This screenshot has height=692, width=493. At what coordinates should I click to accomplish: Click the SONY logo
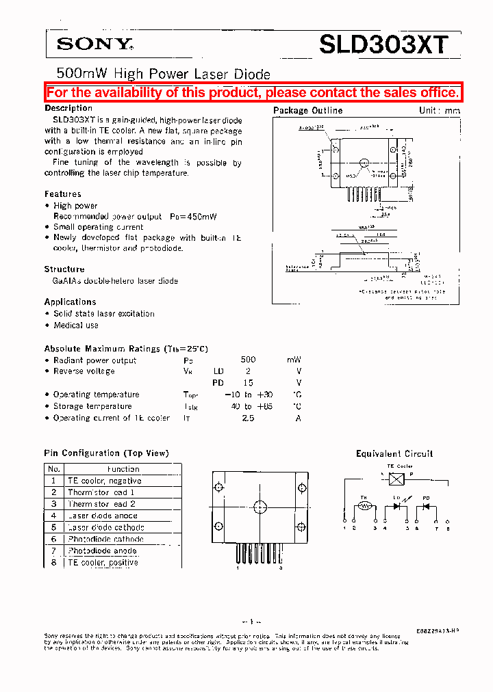[94, 44]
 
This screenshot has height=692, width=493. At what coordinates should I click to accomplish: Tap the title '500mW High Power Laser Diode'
[163, 74]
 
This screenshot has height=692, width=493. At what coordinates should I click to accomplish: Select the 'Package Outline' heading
[307, 110]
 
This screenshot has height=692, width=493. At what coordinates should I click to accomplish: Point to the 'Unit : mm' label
[439, 110]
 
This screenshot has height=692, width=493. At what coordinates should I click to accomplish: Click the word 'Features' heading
[63, 194]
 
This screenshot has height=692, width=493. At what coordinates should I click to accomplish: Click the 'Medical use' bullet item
[76, 325]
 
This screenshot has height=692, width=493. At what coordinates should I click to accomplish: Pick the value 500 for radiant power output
[248, 360]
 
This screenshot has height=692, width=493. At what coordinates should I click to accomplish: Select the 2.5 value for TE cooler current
[248, 418]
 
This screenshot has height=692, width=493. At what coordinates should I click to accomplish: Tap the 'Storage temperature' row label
[92, 406]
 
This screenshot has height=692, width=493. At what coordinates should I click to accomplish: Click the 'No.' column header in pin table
[53, 469]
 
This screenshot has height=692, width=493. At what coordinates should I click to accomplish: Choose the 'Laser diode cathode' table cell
[106, 527]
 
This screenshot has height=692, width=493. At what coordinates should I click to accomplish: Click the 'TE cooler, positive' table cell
[103, 562]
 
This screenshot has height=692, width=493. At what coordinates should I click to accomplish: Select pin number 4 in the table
[53, 516]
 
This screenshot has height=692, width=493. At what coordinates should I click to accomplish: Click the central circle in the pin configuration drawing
[260, 507]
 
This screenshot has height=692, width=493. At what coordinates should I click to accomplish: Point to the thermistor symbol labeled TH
[365, 507]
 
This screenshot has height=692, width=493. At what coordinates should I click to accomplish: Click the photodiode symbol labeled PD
[425, 507]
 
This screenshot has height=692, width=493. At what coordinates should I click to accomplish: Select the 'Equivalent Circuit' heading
[394, 453]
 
